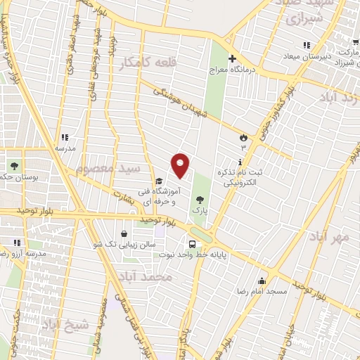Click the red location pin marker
coord(181,166)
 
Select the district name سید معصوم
coord(108,169)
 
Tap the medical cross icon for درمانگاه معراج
coord(231,58)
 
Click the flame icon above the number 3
coord(243,137)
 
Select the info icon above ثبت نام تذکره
coord(240,162)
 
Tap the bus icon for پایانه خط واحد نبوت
coord(182,244)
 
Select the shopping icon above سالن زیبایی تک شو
coord(124,233)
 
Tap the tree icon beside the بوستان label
coord(15,166)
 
